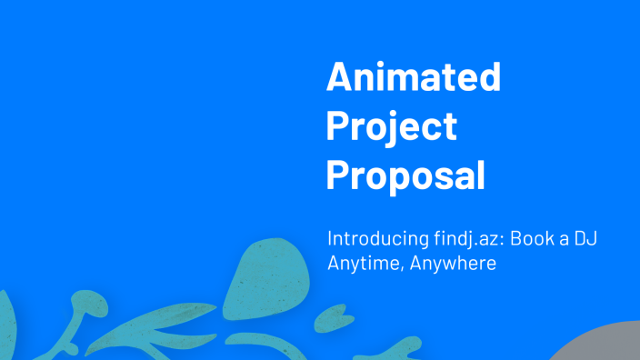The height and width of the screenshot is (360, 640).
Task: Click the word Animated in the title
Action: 414,78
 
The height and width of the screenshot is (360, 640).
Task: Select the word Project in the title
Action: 391,127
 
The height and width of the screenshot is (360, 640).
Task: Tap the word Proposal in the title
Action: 405,175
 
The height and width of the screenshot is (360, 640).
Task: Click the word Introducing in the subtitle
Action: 377,239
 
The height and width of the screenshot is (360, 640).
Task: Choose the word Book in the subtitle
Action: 528,239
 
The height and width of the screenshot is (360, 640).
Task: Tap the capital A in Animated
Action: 340,78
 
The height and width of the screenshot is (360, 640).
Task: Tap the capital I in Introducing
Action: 330,239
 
